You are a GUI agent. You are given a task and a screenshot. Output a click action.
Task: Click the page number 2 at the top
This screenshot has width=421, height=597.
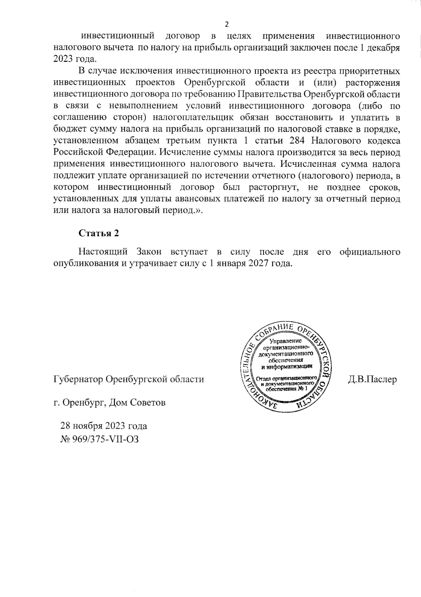(226, 24)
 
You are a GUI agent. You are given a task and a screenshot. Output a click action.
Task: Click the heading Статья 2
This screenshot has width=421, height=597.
(99, 234)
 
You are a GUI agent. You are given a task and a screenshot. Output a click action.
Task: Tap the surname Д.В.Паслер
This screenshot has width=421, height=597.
(372, 380)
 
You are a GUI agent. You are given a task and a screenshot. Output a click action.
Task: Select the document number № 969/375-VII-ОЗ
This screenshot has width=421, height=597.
(100, 439)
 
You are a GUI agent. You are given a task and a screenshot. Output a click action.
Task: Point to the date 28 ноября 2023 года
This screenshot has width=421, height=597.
(104, 426)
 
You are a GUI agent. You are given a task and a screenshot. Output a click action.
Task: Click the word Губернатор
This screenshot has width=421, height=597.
(78, 380)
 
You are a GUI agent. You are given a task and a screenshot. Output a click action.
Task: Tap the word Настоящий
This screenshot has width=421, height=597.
(102, 252)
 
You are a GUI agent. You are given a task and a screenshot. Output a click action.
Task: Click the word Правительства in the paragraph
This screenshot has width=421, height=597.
(269, 94)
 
